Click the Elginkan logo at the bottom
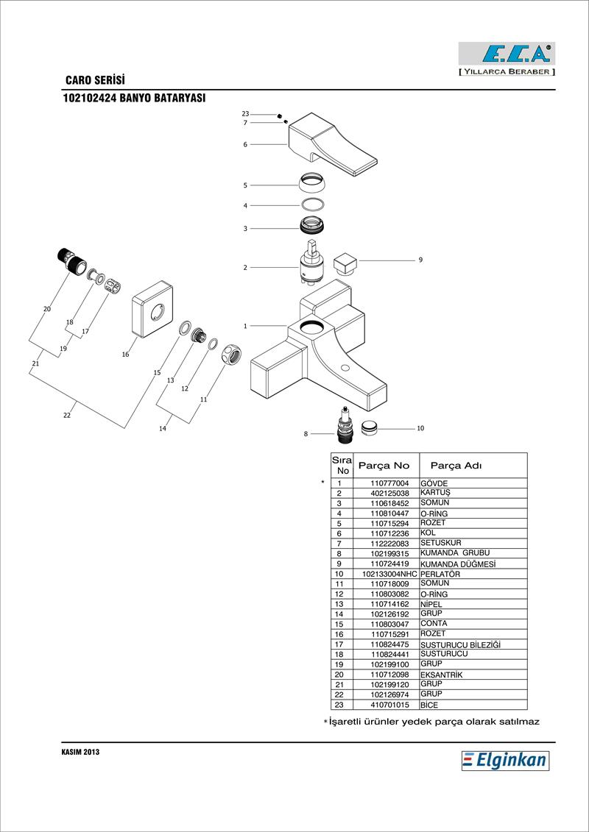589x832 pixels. [x=505, y=760]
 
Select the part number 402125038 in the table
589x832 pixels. [x=389, y=493]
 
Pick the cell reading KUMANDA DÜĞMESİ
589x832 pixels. [x=454, y=564]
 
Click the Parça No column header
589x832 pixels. [x=384, y=466]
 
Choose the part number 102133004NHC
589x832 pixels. [x=389, y=574]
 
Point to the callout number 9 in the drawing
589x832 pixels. [x=420, y=260]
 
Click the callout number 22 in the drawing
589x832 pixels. [x=67, y=416]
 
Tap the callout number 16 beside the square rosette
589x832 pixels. [x=125, y=355]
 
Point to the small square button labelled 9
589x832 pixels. [x=345, y=263]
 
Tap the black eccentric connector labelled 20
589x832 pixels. [x=70, y=261]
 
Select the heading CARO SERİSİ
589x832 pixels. [x=95, y=79]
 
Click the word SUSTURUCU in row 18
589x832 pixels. [x=444, y=653]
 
